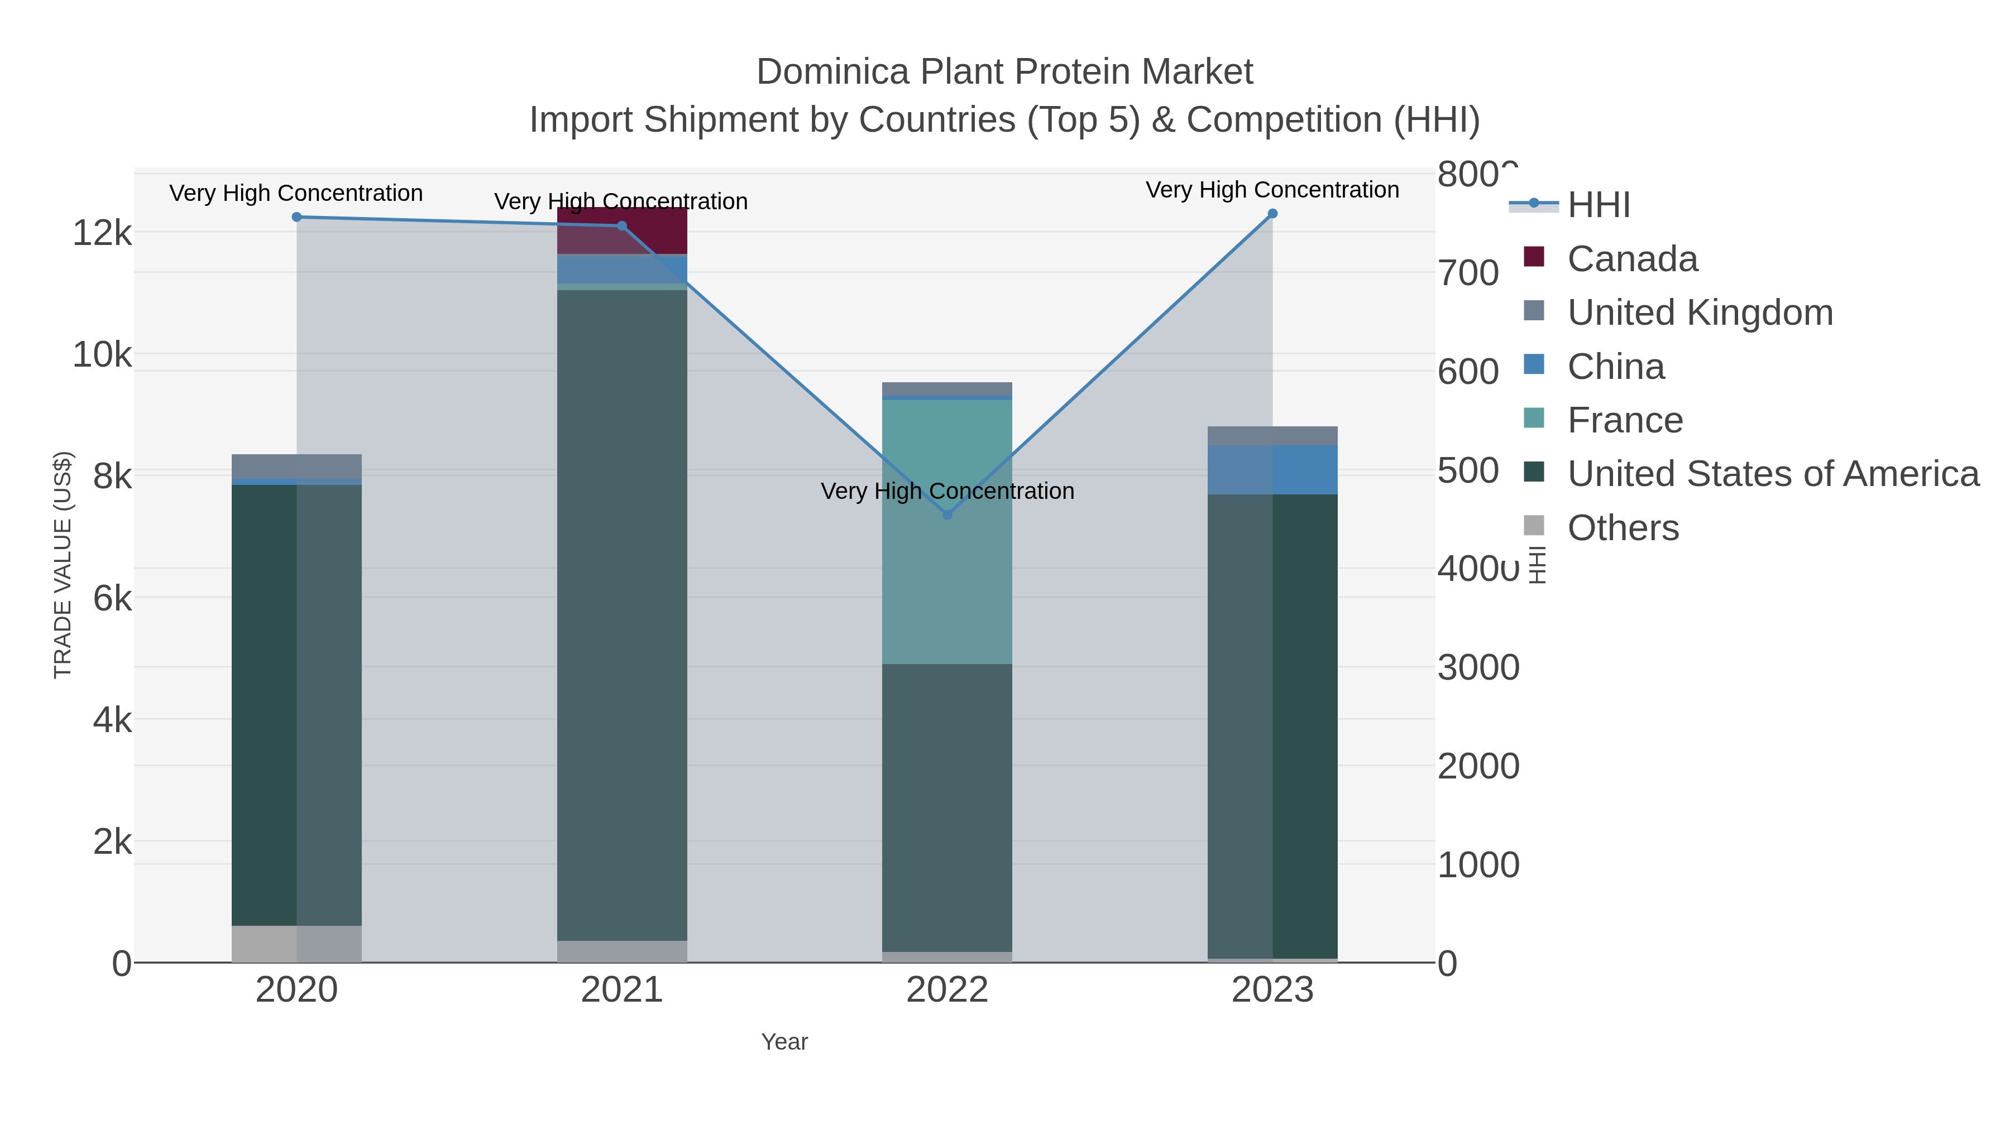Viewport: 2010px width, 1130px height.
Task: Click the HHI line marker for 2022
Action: pos(947,514)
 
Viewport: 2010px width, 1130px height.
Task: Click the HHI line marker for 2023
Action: pos(1272,214)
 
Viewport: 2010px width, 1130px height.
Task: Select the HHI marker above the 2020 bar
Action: pos(296,218)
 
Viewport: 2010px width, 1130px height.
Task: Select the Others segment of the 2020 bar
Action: pos(296,944)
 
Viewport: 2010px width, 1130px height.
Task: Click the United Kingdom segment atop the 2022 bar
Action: pos(947,389)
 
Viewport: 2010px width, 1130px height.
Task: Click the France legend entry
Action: pos(1625,420)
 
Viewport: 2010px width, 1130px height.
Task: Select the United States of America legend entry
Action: pos(1772,474)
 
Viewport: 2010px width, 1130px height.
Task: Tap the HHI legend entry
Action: pos(1598,205)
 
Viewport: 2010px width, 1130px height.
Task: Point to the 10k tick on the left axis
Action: pos(102,355)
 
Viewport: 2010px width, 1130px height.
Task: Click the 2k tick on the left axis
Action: pos(112,842)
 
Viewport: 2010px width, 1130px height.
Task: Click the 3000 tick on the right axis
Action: pos(1478,667)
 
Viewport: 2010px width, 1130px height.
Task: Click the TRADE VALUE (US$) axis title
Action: pos(63,565)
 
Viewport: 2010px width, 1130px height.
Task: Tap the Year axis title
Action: pos(784,1042)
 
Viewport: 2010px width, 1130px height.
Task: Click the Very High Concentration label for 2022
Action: pos(947,491)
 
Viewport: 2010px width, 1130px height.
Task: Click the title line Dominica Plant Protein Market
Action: pos(1004,72)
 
